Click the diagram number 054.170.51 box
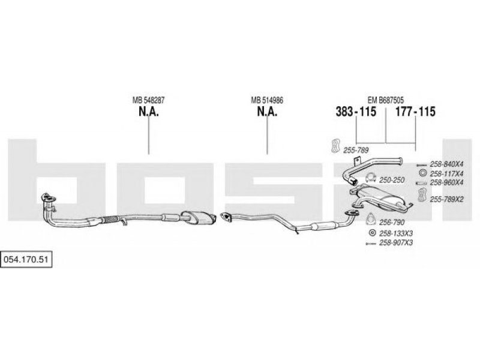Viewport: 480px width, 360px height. tap(26, 259)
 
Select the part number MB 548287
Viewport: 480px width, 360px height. tap(148, 100)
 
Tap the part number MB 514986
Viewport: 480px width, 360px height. tap(267, 100)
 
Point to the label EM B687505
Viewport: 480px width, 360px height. tap(385, 100)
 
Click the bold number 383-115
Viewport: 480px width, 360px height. tap(356, 112)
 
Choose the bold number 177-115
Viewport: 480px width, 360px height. tap(415, 112)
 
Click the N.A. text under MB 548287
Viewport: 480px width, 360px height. tap(148, 112)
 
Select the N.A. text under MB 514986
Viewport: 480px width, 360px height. tap(267, 112)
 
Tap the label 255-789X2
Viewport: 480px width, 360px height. tap(446, 199)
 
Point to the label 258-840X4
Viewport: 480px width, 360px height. tap(446, 164)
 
